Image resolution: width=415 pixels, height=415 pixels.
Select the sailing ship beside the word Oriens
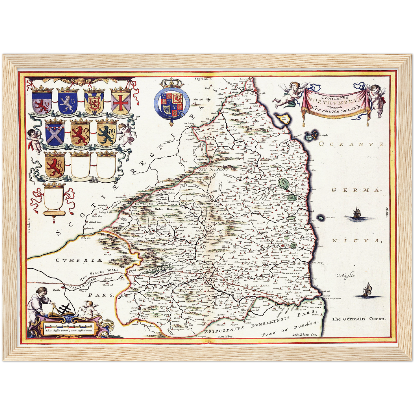coord(356,213)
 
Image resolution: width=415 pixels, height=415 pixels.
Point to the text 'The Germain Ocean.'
coord(359,319)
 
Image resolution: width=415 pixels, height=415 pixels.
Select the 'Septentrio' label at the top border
coord(203,78)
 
